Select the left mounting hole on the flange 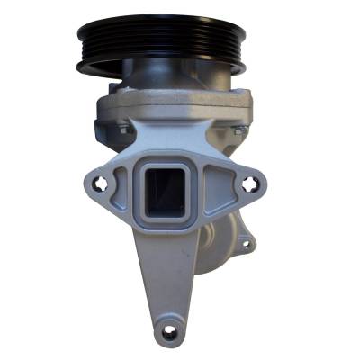pos(106,186)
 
